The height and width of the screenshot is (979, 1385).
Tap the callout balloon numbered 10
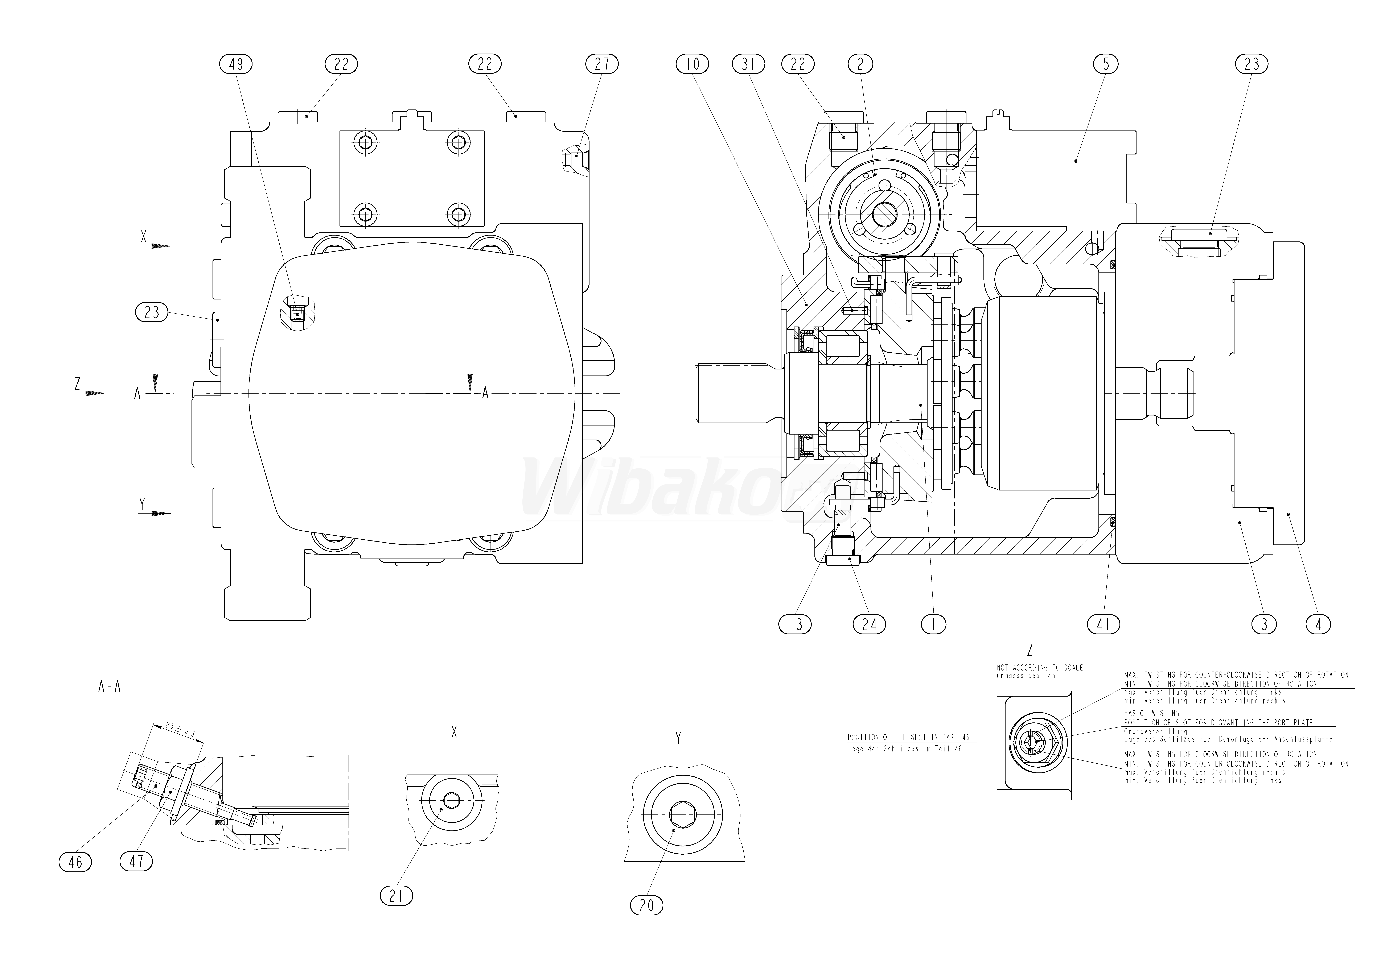pos(692,63)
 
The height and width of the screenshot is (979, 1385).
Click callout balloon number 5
pos(1105,63)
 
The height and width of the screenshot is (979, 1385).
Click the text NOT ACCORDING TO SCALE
pos(1039,668)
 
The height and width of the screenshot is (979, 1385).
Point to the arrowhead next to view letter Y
pos(160,514)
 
